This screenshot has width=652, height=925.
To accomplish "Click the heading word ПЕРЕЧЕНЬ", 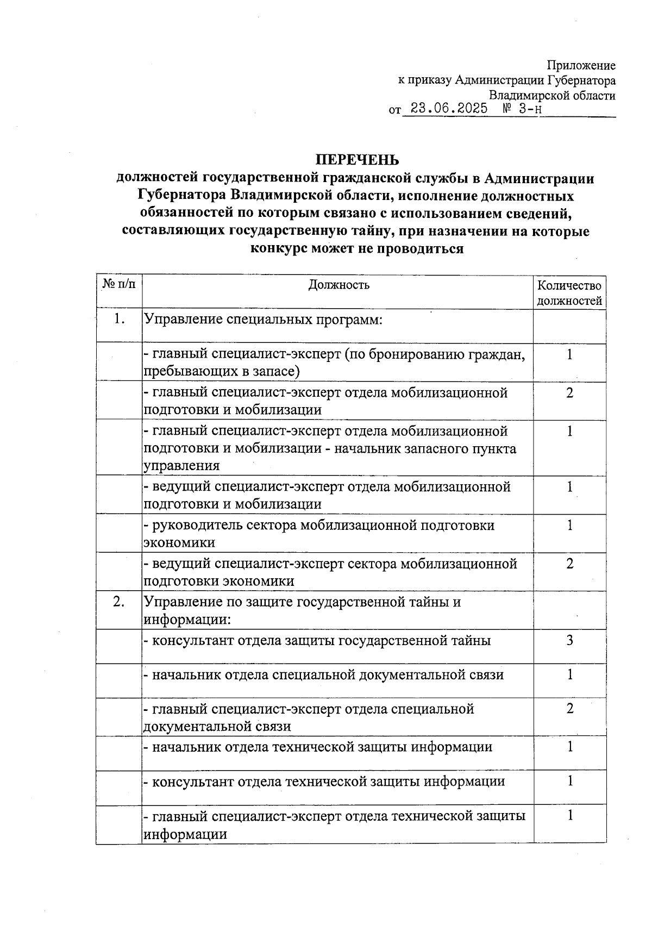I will tap(358, 160).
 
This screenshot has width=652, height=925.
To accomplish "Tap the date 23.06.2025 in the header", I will tap(449, 109).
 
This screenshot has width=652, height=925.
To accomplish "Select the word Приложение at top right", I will tap(581, 66).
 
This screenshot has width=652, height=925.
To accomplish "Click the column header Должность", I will tap(338, 285).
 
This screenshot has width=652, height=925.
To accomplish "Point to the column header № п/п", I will tap(119, 284).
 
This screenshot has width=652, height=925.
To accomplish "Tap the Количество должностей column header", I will tap(569, 293).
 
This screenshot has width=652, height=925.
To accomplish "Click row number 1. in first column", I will tap(119, 319).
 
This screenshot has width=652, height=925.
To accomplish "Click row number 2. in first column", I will tap(119, 602).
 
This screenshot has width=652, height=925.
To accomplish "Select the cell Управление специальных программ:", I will tap(264, 319).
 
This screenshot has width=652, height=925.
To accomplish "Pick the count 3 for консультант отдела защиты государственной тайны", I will tap(569, 640).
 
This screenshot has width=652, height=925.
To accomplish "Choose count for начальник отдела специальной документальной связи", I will tap(569, 674).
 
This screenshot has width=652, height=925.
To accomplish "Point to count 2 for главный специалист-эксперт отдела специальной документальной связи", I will tap(569, 709).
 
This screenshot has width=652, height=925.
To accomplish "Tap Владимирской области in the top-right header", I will tap(552, 96).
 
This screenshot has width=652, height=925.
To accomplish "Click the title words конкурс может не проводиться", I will tap(357, 249).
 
